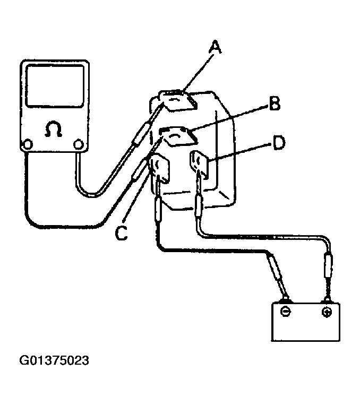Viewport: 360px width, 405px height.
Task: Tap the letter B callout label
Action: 275,105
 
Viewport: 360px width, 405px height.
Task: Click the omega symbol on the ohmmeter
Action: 54,130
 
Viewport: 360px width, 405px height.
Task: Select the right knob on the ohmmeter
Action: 79,143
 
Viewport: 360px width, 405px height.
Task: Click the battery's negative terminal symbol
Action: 286,312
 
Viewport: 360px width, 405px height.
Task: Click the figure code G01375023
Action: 54,361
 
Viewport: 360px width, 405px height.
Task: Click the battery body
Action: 306,324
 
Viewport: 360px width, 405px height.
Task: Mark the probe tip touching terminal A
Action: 160,107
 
